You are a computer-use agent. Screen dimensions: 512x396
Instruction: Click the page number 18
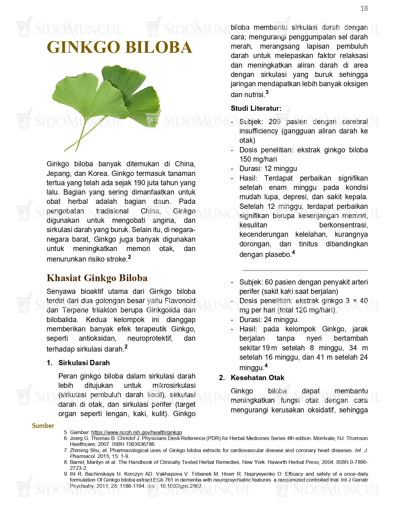[x=364, y=9]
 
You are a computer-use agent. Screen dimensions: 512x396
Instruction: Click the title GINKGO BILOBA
[x=120, y=47]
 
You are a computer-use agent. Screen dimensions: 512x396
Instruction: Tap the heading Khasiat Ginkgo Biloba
[x=97, y=278]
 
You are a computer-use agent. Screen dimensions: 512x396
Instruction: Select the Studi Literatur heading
[x=256, y=108]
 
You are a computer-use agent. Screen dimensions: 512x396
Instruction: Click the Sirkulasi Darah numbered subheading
[x=84, y=363]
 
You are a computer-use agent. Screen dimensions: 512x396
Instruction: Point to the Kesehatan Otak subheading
[x=257, y=378]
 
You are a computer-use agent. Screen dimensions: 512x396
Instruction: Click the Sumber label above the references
[x=43, y=426]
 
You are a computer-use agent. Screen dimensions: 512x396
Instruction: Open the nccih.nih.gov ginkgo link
[x=137, y=432]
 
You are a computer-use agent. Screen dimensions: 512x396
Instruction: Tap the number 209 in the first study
[x=275, y=122]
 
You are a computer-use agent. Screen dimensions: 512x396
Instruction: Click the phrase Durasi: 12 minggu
[x=268, y=168]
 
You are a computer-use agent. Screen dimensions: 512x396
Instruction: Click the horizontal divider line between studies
[x=305, y=270]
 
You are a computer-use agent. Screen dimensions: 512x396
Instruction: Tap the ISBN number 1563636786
[x=139, y=444]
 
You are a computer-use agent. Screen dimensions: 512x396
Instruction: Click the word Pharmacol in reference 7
[x=83, y=456]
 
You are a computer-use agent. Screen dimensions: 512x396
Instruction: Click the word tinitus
[x=308, y=244]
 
